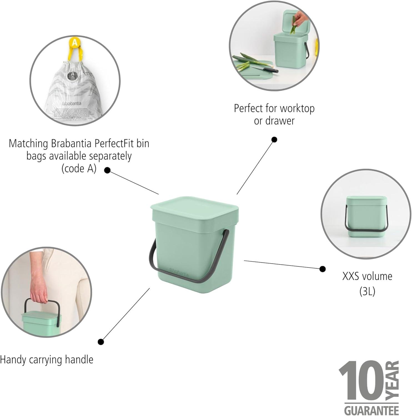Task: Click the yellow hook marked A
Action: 74,43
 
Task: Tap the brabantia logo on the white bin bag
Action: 72,103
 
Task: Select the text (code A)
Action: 79,169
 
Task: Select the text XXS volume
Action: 367,277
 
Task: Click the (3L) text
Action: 367,291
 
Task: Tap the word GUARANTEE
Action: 371,410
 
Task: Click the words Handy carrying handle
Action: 47,360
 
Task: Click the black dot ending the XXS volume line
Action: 322,269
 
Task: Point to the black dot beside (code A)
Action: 107,170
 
